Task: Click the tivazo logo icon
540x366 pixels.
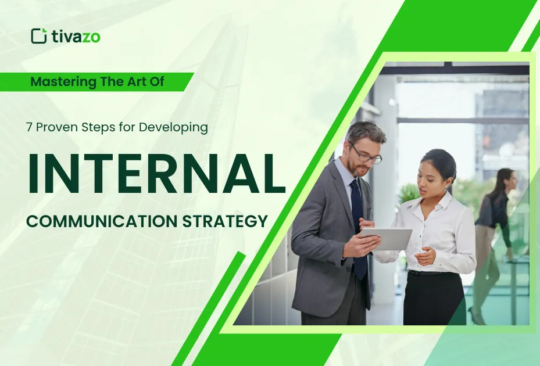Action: tap(39, 36)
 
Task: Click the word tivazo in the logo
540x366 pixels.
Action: tap(75, 37)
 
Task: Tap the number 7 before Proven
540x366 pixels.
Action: tap(28, 128)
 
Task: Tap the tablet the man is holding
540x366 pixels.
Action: tap(387, 238)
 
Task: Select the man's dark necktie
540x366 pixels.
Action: tap(358, 227)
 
